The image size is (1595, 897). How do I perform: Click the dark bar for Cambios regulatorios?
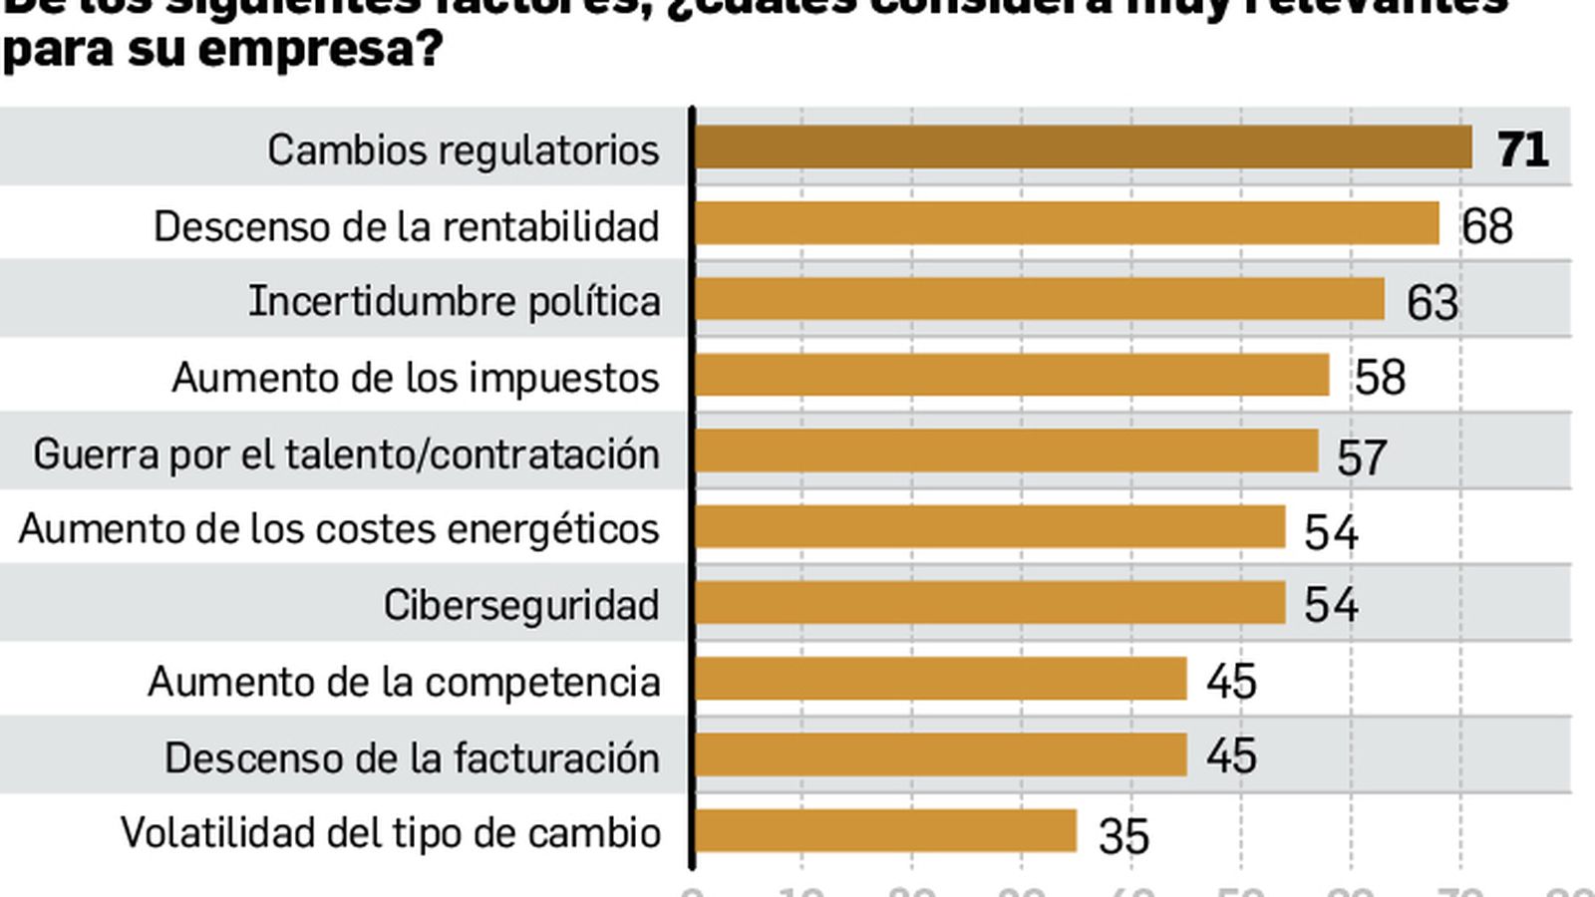[x=1083, y=148]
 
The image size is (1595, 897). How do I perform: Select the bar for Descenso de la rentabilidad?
[x=1067, y=223]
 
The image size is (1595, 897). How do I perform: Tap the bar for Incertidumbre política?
[x=1040, y=299]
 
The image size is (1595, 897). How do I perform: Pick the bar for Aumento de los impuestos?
[x=1012, y=375]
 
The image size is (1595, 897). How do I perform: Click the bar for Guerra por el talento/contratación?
[x=1007, y=450]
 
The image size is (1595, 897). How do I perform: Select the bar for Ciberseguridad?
[x=990, y=603]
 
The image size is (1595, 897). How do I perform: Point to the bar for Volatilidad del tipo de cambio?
[x=885, y=831]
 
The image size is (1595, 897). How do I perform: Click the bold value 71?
[x=1522, y=149]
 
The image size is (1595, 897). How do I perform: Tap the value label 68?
[x=1486, y=226]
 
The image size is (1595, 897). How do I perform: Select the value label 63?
[x=1432, y=302]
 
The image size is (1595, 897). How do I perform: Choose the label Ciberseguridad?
[x=521, y=605]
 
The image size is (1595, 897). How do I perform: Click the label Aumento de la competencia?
[x=404, y=682]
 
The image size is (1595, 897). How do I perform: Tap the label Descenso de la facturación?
[x=412, y=757]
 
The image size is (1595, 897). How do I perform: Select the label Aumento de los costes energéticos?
[x=339, y=528]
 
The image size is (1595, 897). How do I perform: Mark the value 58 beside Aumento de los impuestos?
[x=1380, y=378]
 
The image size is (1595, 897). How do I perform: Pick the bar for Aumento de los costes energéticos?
[x=990, y=526]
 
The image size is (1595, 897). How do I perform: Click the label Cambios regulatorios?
[x=463, y=150]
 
